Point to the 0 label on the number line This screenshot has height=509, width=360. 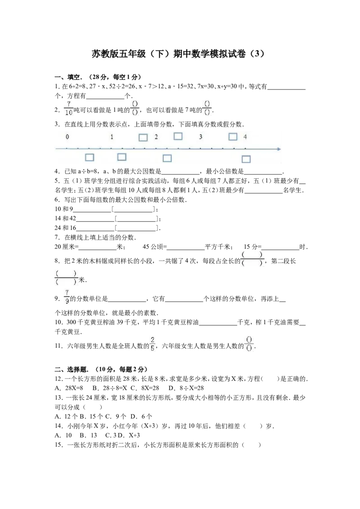[x=67, y=137]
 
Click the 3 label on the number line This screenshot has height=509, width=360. [x=200, y=137]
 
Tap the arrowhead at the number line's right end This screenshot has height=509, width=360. [x=279, y=149]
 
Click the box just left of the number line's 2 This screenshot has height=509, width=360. [x=143, y=137]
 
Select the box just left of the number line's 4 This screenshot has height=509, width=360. [x=233, y=137]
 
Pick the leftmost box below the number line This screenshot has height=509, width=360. [x=90, y=157]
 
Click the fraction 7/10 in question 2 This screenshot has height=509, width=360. [x=68, y=108]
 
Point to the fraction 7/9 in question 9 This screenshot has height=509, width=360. [x=67, y=297]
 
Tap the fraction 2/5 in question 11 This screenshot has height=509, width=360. [x=153, y=344]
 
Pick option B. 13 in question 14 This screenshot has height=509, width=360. [x=88, y=435]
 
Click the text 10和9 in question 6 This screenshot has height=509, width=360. [x=64, y=209]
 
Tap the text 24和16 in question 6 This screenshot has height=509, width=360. [x=65, y=228]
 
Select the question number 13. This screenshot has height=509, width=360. [x=59, y=397]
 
